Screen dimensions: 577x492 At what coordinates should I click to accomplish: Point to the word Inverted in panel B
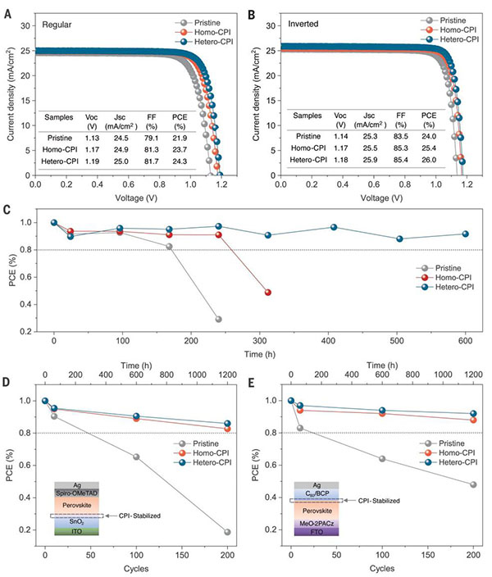pyautogui.click(x=304, y=25)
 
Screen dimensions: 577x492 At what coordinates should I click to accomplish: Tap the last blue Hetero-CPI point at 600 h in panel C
pyautogui.click(x=465, y=234)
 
